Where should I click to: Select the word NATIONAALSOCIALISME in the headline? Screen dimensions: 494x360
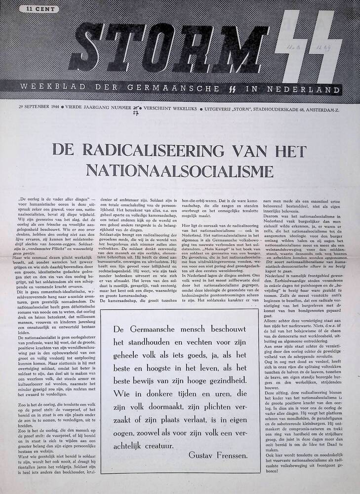[180, 169]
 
